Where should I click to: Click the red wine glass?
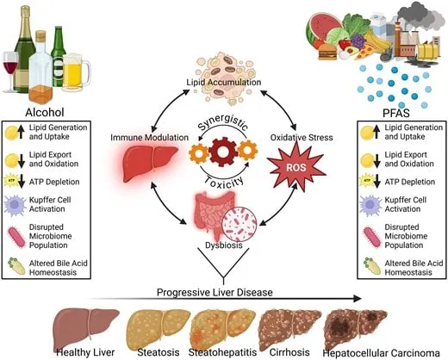10,71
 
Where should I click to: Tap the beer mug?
76,72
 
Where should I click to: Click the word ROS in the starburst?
296,167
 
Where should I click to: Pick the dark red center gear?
222,152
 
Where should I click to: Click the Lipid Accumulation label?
224,83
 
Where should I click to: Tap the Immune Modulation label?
149,137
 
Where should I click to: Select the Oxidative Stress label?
302,137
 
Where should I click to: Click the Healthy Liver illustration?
86,327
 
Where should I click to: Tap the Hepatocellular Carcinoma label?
381,353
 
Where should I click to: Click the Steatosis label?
159,352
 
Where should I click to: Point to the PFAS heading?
396,113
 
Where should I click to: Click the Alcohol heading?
45,112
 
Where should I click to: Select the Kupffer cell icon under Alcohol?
15,206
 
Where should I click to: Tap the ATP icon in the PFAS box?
367,181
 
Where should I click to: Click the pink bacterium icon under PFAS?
372,237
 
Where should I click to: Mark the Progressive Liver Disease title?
215,293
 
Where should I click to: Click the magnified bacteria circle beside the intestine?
240,225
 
